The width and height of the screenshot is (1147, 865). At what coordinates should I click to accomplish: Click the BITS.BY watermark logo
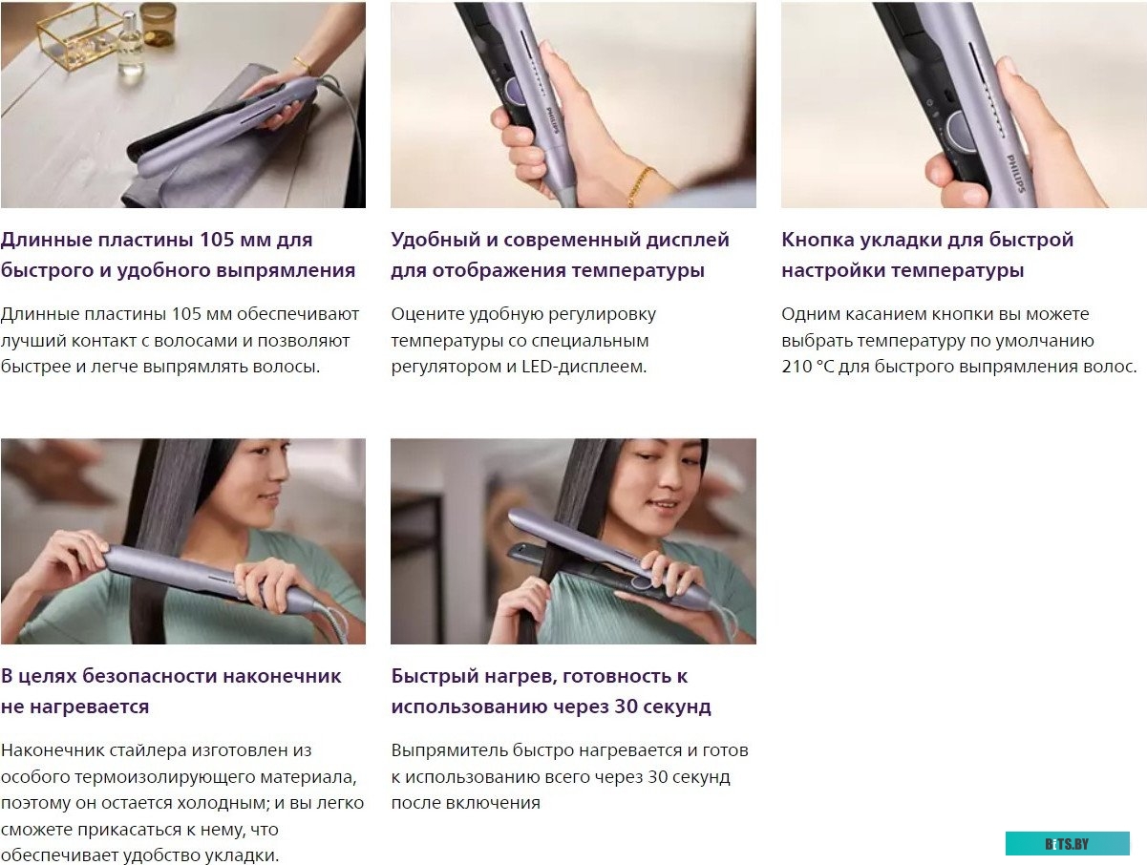coord(1067,844)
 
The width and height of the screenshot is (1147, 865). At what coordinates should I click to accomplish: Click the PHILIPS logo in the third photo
coord(1016,173)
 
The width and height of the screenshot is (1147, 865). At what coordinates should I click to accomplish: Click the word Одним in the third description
coord(811,314)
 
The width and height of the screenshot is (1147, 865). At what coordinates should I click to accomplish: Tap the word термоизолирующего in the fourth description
coord(164,777)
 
